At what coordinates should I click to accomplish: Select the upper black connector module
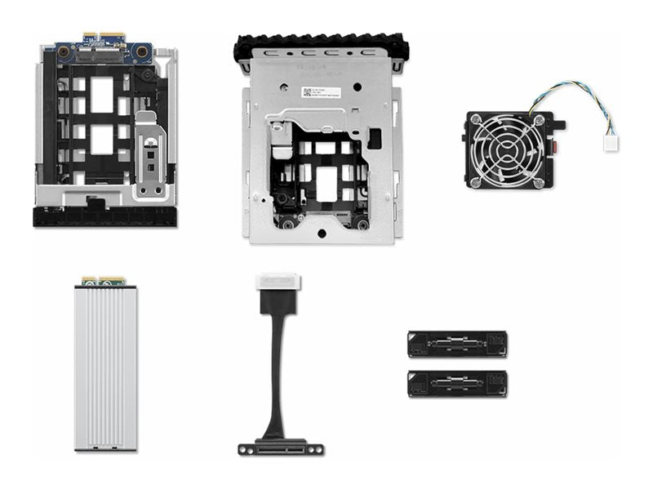pos(457,344)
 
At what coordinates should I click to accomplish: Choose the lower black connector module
pos(457,384)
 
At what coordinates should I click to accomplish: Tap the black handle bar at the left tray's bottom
pos(104,217)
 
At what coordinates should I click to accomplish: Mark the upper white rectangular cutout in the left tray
pos(101,94)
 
